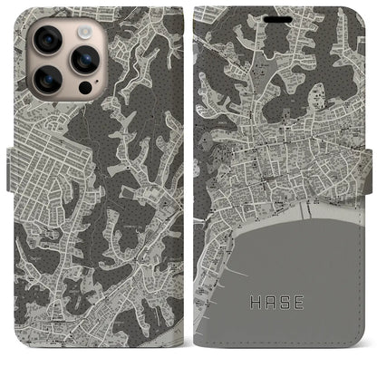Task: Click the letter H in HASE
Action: [x=256, y=296]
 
